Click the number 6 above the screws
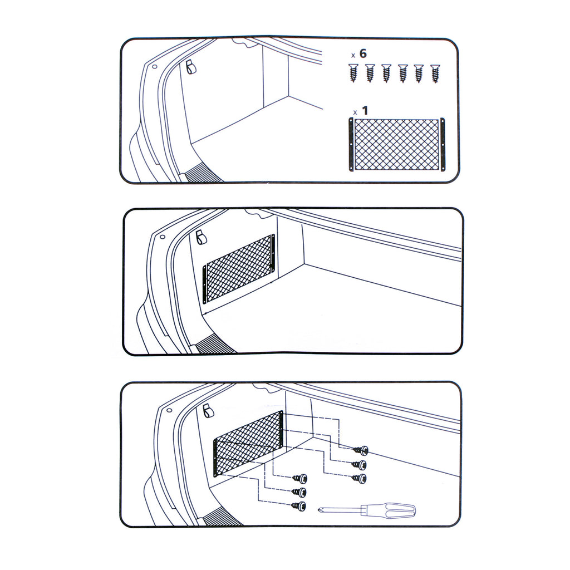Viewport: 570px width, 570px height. pyautogui.click(x=363, y=53)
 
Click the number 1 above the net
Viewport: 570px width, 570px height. pyautogui.click(x=365, y=111)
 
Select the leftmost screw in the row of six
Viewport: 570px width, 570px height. pyautogui.click(x=352, y=73)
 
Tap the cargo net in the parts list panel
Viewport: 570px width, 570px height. pyautogui.click(x=396, y=144)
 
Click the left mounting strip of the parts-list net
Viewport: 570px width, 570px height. pyautogui.click(x=351, y=144)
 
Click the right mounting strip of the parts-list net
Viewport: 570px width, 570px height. pyautogui.click(x=443, y=144)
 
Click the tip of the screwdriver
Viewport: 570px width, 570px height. pyautogui.click(x=319, y=510)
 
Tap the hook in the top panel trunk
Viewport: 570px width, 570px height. pyautogui.click(x=190, y=67)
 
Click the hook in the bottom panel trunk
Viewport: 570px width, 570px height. pyautogui.click(x=208, y=410)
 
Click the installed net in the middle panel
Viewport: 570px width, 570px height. pyautogui.click(x=239, y=269)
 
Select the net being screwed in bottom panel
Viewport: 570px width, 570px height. pyautogui.click(x=248, y=443)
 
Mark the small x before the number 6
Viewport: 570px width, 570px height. pyautogui.click(x=353, y=56)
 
